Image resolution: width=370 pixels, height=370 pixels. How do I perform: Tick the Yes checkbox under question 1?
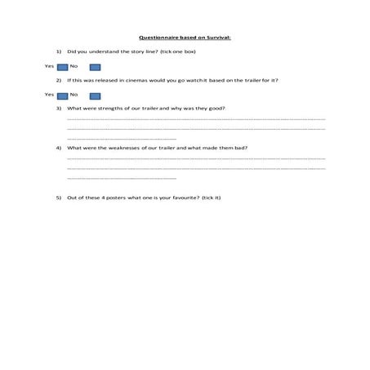pyautogui.click(x=62, y=66)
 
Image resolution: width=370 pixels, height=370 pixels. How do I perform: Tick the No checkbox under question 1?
pyautogui.click(x=95, y=66)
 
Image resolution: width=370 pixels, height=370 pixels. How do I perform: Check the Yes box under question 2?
pyautogui.click(x=62, y=95)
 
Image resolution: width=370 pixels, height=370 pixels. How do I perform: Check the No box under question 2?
pyautogui.click(x=95, y=95)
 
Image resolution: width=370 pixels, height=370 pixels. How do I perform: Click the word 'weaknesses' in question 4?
pyautogui.click(x=122, y=148)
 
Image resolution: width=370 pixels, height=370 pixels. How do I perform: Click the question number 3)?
pyautogui.click(x=59, y=109)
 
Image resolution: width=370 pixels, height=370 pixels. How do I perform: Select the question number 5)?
pyautogui.click(x=59, y=198)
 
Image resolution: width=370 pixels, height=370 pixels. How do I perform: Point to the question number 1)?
pyautogui.click(x=59, y=51)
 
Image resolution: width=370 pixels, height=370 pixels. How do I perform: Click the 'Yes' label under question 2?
pyautogui.click(x=49, y=95)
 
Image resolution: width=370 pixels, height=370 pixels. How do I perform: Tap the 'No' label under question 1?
pyautogui.click(x=74, y=66)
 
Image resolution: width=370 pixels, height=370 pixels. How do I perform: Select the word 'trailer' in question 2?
pyautogui.click(x=256, y=80)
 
